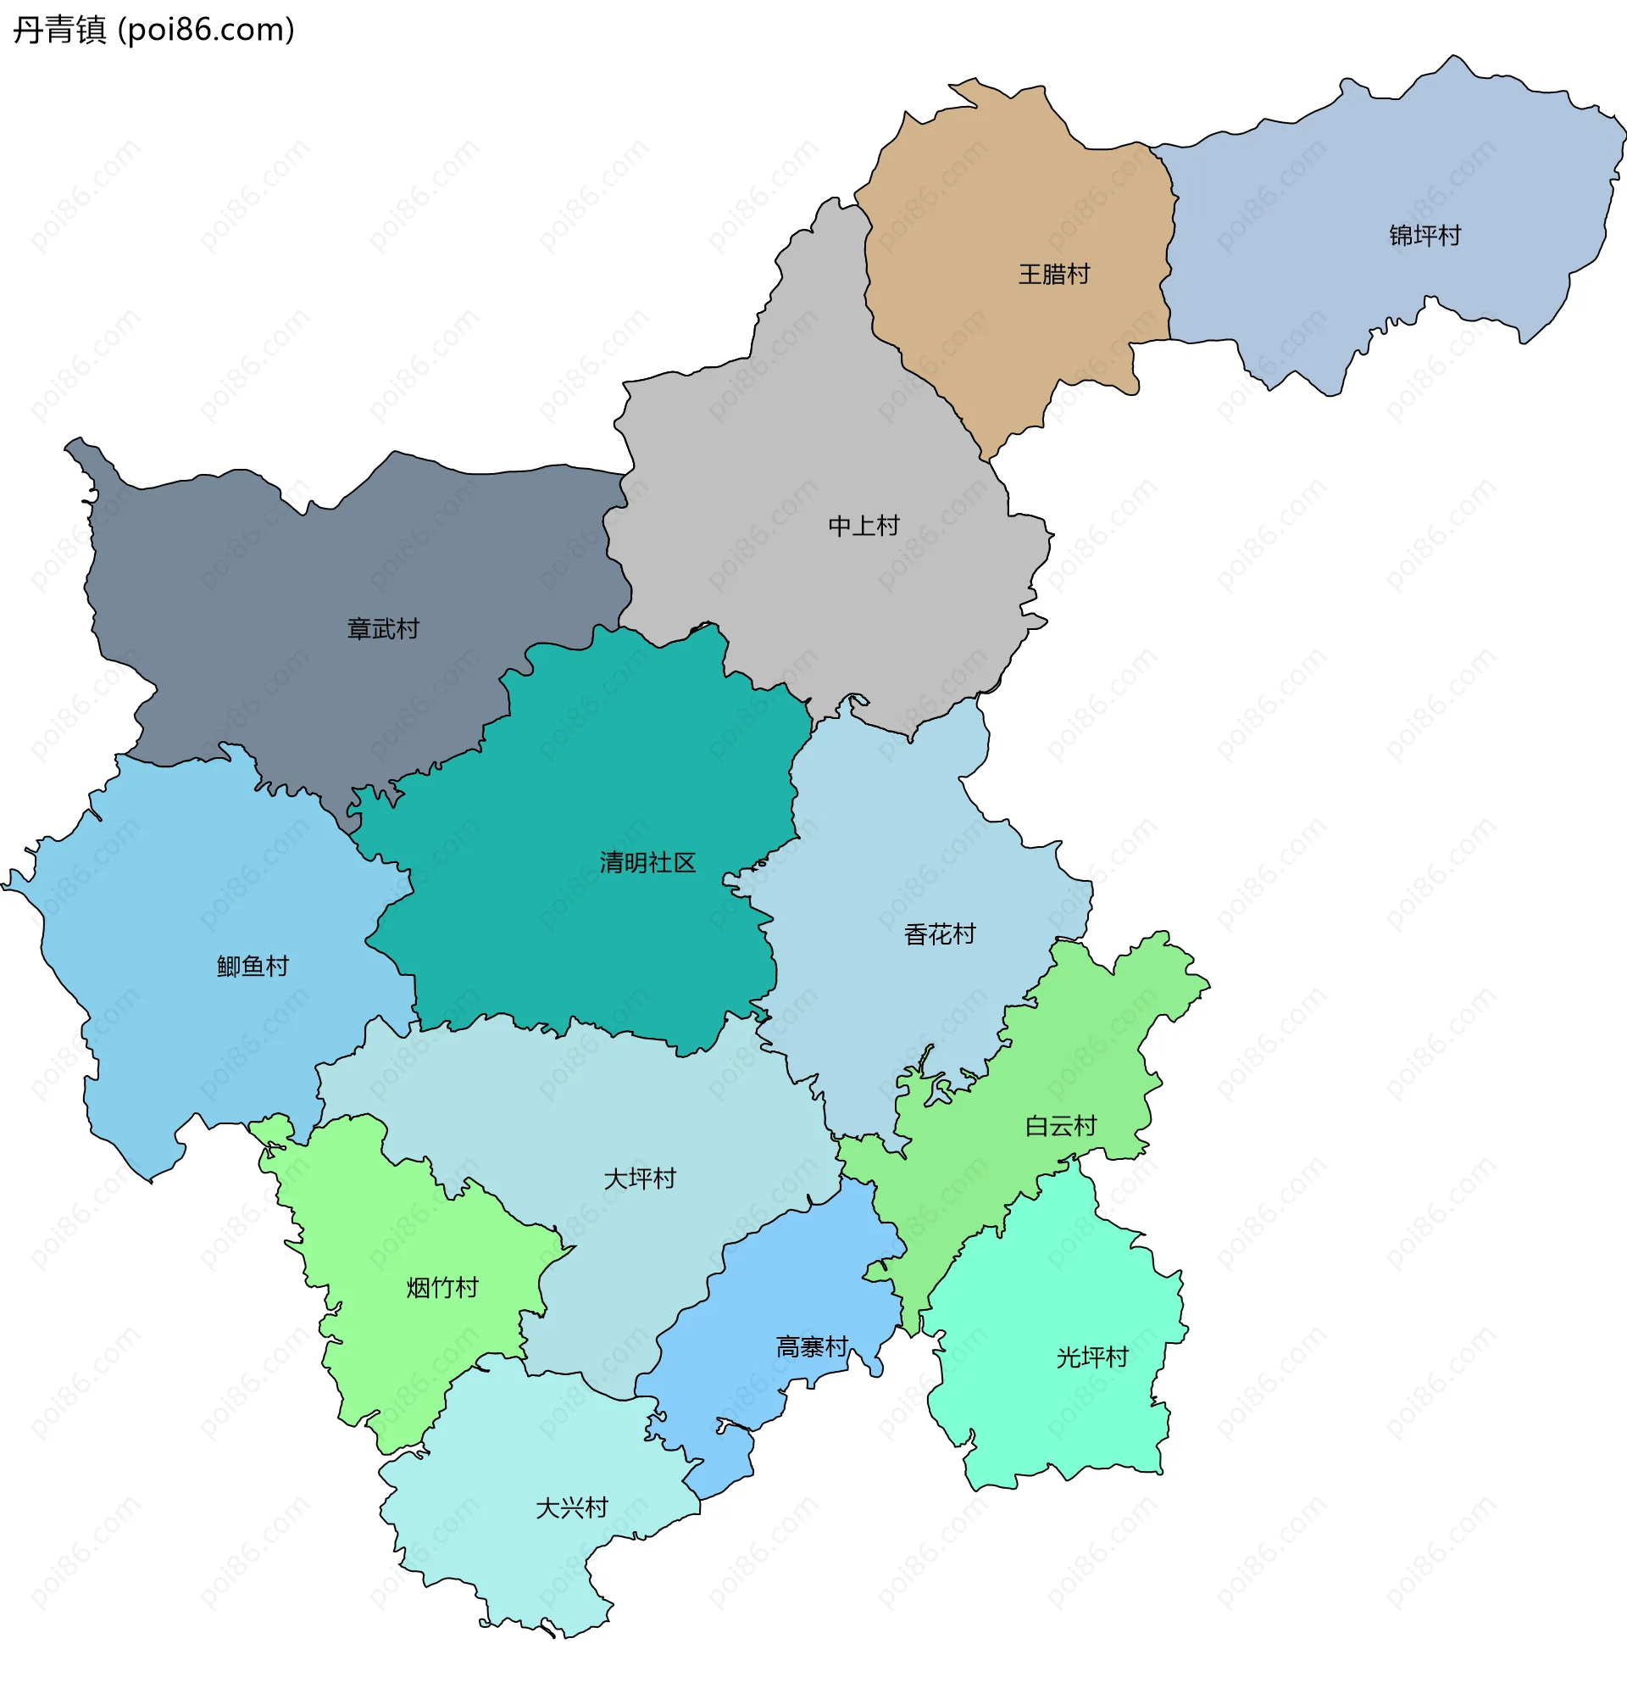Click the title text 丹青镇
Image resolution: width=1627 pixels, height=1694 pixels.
pos(58,31)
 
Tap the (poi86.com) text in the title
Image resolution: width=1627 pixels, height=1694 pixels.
pos(206,31)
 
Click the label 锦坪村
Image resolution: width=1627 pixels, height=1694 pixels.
pos(1424,235)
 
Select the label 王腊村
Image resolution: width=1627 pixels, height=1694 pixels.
pos(1053,274)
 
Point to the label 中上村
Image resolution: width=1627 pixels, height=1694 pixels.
pos(863,526)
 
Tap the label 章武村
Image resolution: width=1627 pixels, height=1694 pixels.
pos(383,628)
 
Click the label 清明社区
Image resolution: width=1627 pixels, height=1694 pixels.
pos(647,862)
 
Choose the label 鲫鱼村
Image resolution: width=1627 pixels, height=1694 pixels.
pos(253,967)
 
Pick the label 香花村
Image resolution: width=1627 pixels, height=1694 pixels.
pos(939,934)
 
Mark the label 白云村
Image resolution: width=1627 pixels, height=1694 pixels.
pos(1060,1126)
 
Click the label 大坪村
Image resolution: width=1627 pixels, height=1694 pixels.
pos(640,1179)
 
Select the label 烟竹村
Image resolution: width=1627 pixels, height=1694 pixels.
pos(441,1288)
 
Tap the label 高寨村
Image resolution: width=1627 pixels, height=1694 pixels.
pos(811,1346)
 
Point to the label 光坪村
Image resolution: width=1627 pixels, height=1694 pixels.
pos(1092,1357)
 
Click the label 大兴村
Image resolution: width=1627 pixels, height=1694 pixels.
pos(571,1508)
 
